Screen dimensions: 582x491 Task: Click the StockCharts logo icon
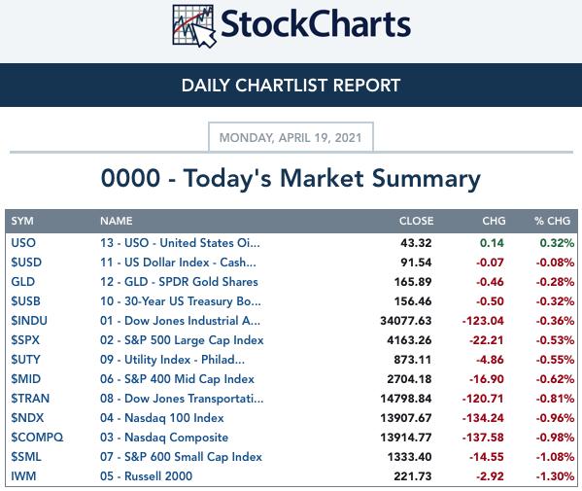194,26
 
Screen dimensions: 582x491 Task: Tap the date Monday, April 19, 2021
291,138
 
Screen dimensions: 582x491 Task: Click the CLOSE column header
416,221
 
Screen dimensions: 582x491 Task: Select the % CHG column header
552,221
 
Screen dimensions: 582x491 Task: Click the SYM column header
22,221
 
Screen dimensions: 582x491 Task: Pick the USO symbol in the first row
23,243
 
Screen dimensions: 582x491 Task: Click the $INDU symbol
29,321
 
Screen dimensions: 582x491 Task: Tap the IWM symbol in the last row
23,476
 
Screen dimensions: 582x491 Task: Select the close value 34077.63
406,321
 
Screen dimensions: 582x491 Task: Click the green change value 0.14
492,243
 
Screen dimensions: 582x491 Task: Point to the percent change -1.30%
555,476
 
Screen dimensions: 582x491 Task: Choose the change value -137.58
483,438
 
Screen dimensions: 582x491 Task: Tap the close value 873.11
413,360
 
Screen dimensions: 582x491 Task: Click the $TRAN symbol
30,399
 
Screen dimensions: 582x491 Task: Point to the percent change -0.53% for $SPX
555,340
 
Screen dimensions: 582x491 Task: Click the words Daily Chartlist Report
291,86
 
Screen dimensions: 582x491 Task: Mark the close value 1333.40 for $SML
409,457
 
